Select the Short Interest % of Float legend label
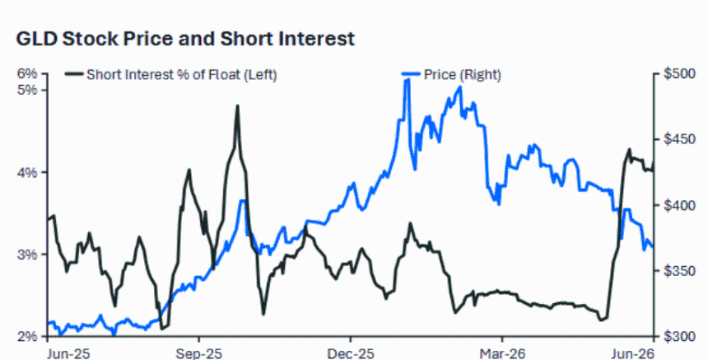point(181,74)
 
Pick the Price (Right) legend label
point(463,74)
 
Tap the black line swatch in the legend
point(74,74)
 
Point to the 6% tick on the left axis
point(26,73)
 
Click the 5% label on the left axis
point(26,90)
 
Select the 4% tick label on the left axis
point(26,172)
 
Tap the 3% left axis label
point(26,255)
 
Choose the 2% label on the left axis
point(26,336)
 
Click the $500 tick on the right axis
point(680,73)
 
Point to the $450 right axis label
point(680,139)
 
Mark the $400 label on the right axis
point(680,205)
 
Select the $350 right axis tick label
point(680,271)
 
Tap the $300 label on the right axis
point(680,336)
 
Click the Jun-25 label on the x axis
point(68,353)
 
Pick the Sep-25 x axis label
point(199,353)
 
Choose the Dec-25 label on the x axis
point(351,353)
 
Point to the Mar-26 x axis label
point(502,353)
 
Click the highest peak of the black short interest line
point(237,106)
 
